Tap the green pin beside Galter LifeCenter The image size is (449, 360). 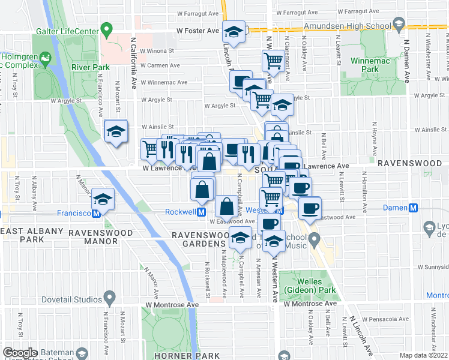(107, 29)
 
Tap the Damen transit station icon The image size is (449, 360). (413, 208)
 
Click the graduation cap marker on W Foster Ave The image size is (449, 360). (234, 31)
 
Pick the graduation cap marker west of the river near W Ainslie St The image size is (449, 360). (116, 130)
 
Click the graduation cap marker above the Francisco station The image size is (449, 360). (104, 199)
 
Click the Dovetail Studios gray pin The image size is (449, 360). (109, 296)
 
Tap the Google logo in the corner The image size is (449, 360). (20, 353)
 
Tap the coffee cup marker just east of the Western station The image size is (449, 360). (310, 208)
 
